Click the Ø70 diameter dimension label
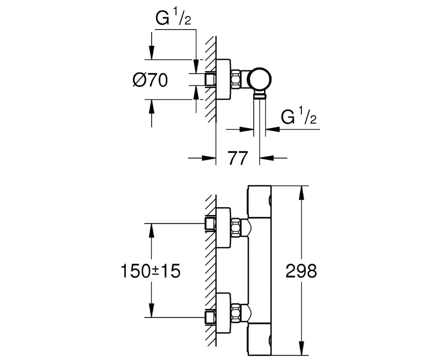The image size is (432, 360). (150, 80)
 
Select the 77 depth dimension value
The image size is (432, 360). (238, 158)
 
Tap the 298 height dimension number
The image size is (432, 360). (301, 271)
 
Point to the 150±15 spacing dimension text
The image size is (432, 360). (150, 271)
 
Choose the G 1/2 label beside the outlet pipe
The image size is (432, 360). (298, 117)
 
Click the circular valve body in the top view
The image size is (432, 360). (260, 79)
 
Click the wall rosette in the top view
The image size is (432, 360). (223, 80)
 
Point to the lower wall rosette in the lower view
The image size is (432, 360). (223, 313)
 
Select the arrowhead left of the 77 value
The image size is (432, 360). (209, 158)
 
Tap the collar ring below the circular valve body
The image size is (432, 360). (260, 96)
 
